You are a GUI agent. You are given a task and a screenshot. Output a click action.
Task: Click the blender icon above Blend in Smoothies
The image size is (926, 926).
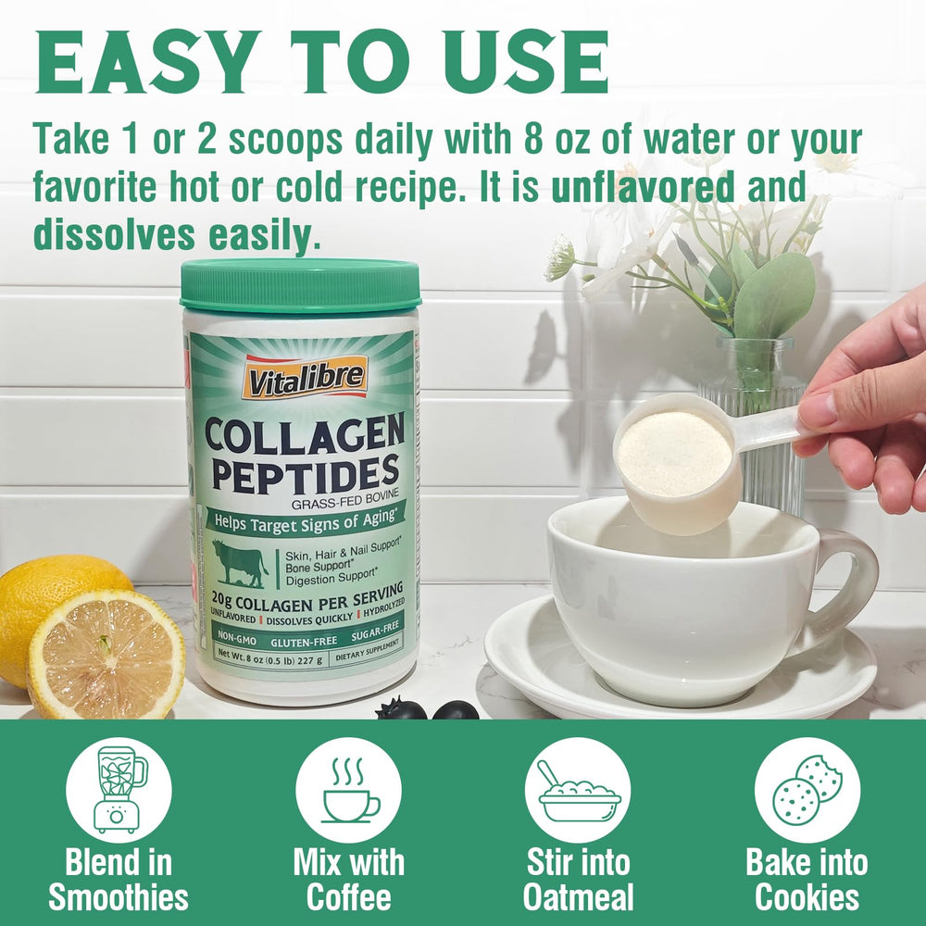(119, 789)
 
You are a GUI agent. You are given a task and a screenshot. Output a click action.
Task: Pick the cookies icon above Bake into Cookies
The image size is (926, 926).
(807, 789)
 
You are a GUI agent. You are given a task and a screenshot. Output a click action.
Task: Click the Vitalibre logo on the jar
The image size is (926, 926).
(305, 376)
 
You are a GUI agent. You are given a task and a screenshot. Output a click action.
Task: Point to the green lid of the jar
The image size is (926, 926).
(300, 287)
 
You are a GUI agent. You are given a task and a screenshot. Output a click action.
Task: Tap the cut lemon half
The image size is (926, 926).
(106, 654)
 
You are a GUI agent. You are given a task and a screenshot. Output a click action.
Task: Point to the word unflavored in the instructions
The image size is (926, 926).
(644, 187)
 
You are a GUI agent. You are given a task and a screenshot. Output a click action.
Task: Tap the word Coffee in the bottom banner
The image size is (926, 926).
(349, 897)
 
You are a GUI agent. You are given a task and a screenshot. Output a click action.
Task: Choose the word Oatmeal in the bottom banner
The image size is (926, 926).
(578, 897)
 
